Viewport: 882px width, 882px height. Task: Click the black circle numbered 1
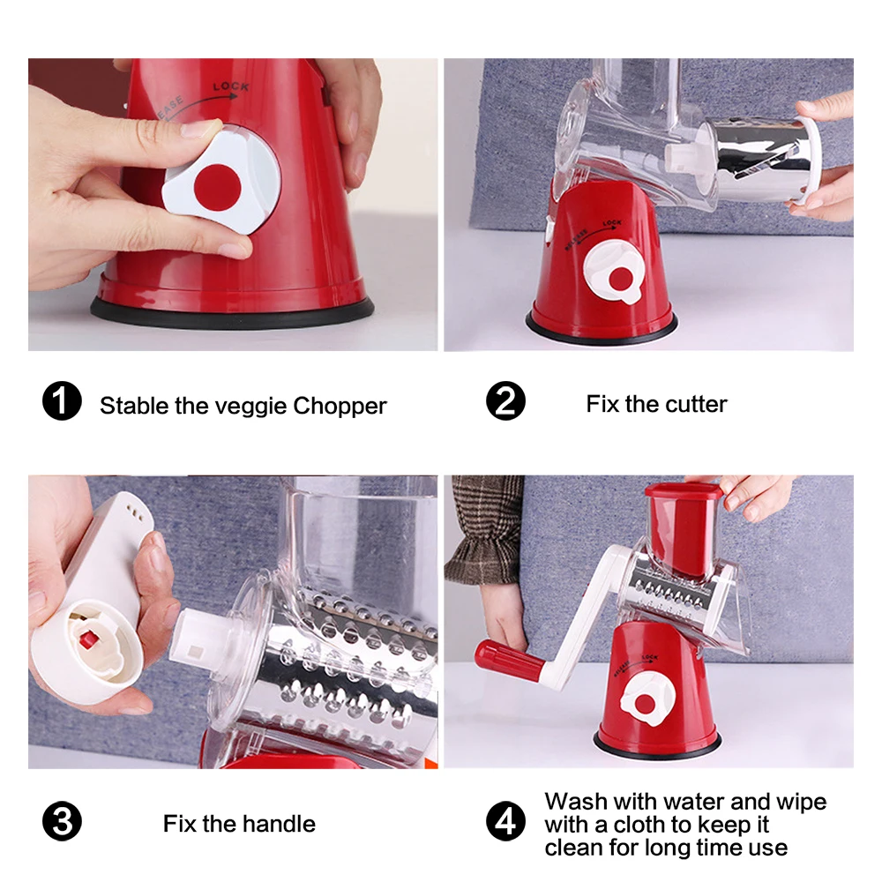click(62, 401)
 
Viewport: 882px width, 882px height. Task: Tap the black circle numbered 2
click(505, 401)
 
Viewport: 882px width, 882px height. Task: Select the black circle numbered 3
click(62, 821)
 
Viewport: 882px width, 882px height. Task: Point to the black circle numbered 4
click(505, 821)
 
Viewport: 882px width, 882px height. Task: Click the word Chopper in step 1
click(340, 407)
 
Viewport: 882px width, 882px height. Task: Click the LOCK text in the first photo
click(230, 86)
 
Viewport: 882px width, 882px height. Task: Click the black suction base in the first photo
click(232, 314)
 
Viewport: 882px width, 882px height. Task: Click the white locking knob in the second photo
click(614, 273)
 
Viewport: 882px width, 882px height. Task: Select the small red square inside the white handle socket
click(89, 639)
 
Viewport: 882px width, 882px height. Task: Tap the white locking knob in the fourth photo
click(647, 699)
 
